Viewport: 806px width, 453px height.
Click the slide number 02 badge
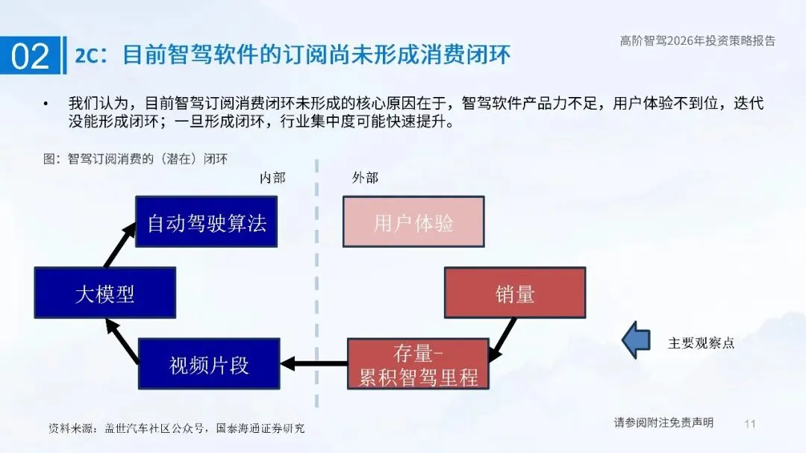(31, 56)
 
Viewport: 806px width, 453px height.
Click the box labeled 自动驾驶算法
(206, 222)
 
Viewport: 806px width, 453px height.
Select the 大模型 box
(105, 293)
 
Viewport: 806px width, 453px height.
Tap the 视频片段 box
(209, 364)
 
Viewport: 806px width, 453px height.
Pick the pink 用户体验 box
(413, 222)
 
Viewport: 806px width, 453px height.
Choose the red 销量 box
(515, 293)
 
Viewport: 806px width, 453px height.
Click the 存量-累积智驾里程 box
(418, 364)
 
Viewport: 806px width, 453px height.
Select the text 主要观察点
(701, 343)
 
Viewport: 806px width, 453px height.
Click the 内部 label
(272, 178)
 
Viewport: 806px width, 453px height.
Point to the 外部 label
(365, 178)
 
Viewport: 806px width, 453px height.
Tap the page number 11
(750, 424)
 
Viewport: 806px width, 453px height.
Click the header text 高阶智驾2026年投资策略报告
(697, 41)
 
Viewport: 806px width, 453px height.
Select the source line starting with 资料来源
(176, 428)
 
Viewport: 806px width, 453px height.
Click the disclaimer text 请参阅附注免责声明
(663, 422)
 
